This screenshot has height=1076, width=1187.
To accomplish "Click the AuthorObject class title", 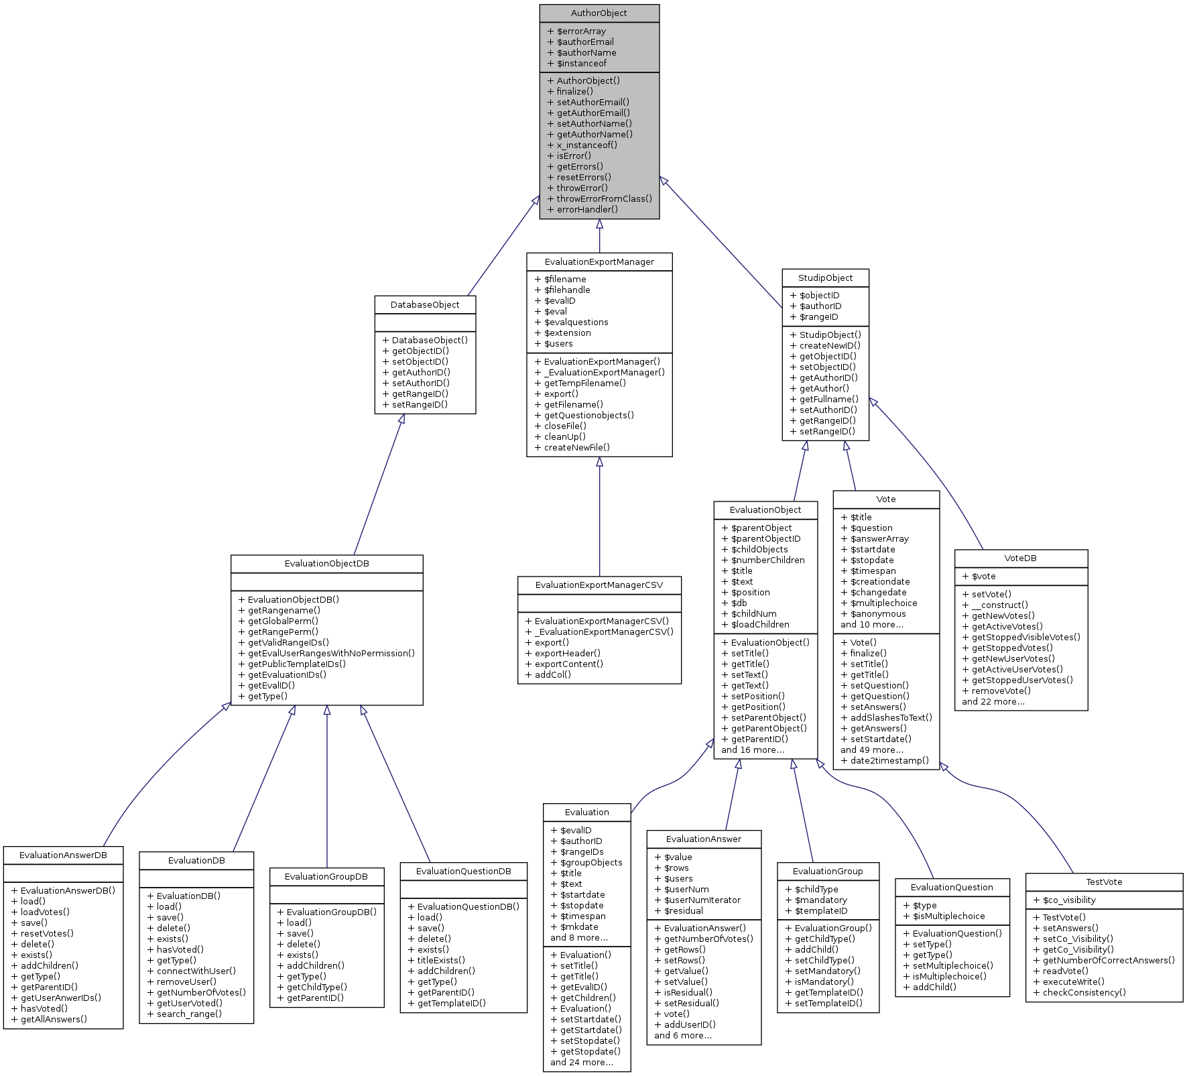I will tap(599, 13).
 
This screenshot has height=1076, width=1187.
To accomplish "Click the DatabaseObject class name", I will tap(425, 305).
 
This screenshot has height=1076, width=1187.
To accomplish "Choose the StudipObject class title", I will tap(825, 278).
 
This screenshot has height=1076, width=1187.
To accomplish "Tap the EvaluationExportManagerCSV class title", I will tap(599, 585).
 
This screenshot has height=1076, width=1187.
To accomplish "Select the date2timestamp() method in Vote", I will tap(889, 761).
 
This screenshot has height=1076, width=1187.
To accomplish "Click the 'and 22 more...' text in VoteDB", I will tap(993, 702).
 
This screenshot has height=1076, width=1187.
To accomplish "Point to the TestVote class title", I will tap(1104, 882).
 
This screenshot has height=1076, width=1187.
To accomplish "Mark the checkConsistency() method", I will tap(1084, 993).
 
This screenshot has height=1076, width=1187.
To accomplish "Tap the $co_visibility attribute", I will tap(1069, 900).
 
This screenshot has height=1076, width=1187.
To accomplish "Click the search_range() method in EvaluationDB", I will tap(189, 1014).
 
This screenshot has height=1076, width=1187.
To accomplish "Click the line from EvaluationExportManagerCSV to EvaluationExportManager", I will tap(599, 516).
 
